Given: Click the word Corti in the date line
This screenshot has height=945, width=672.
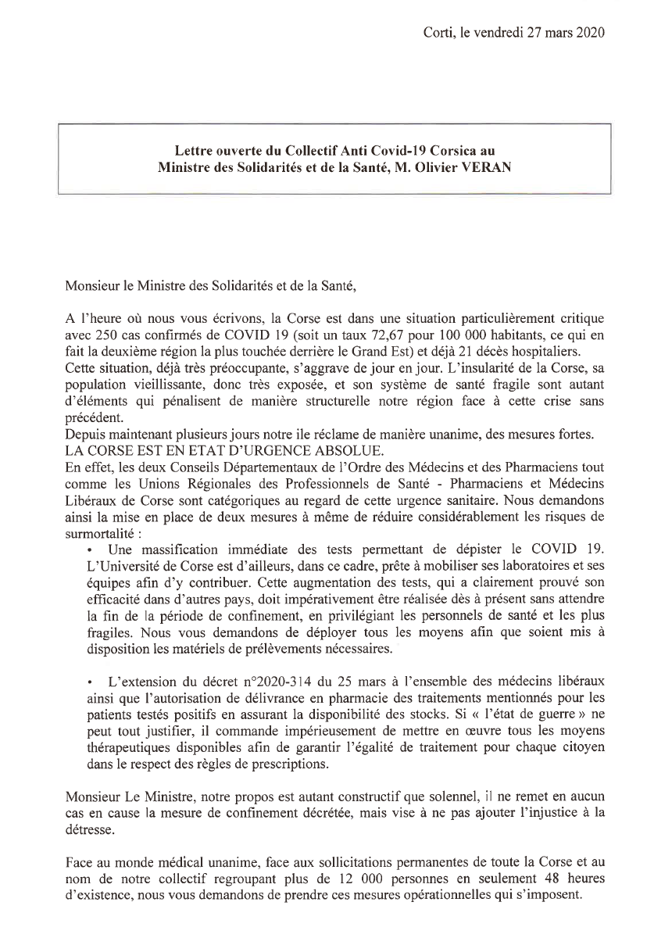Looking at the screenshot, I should [438, 32].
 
